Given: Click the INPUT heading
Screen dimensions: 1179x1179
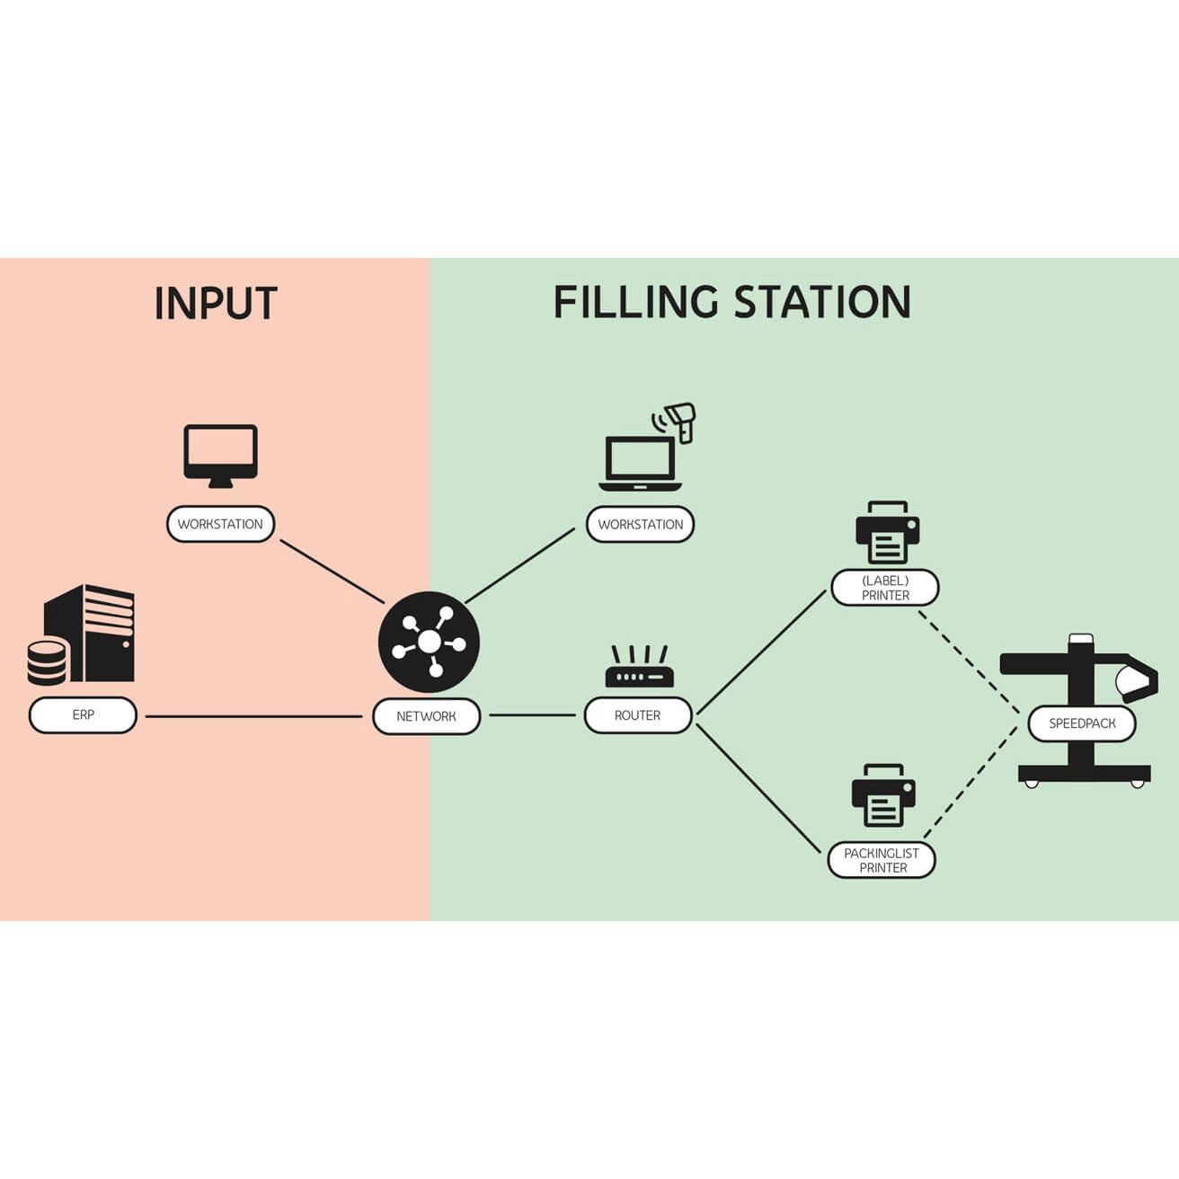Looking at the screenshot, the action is click(x=216, y=303).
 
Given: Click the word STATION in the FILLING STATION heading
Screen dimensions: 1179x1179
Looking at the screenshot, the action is click(x=822, y=302).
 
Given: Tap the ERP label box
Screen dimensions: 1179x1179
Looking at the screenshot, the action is click(x=83, y=714).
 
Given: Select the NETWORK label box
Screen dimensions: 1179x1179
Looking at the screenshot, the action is click(x=427, y=716).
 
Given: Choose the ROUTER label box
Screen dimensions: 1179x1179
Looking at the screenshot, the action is click(x=638, y=714).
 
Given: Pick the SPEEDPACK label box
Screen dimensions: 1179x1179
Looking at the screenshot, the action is click(x=1082, y=723).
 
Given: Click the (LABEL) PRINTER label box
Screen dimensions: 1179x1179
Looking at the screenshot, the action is click(x=885, y=588).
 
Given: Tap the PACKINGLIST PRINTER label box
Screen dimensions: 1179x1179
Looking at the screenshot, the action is click(x=882, y=860).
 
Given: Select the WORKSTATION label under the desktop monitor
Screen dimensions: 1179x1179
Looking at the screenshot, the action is click(x=220, y=524).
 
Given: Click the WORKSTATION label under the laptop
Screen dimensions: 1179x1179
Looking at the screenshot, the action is click(x=640, y=524).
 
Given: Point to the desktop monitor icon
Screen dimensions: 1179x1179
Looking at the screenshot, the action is click(x=220, y=456).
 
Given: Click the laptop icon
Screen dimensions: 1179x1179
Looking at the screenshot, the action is click(x=640, y=463).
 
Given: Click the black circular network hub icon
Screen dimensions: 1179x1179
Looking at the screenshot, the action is click(x=429, y=642).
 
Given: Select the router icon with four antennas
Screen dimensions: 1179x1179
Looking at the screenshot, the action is click(x=639, y=666).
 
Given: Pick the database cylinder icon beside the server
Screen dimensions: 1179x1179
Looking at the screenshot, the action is click(x=47, y=662).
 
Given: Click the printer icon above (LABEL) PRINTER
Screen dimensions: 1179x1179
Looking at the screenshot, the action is click(x=887, y=532).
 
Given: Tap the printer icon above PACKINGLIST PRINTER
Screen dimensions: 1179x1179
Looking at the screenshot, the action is click(x=883, y=795).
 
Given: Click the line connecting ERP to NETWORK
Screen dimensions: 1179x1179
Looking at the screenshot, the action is click(x=254, y=716).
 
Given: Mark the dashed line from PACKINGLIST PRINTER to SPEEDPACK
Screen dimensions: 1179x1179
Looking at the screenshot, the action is click(x=971, y=783).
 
